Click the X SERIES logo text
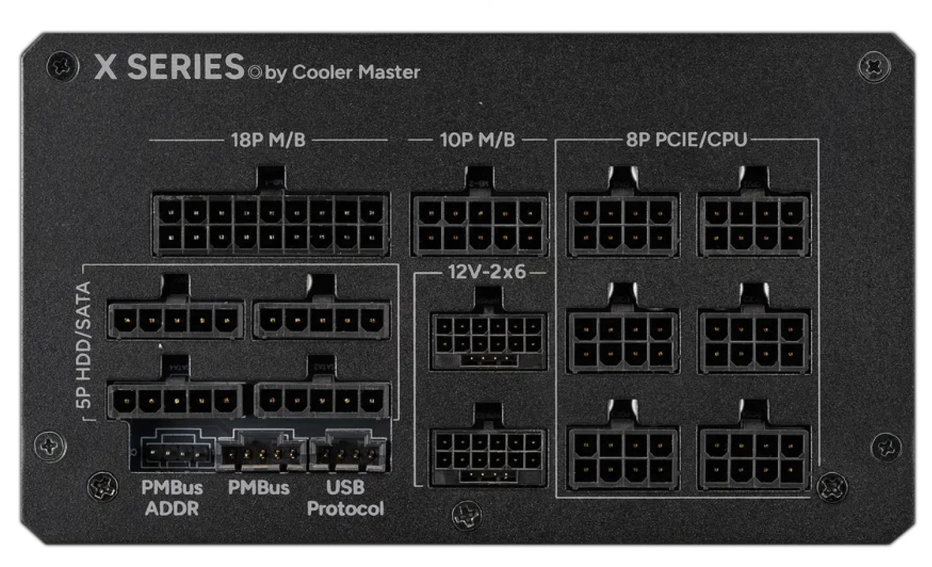click(169, 67)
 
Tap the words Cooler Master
click(355, 72)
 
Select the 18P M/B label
click(268, 140)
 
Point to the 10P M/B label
click(477, 140)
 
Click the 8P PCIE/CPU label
click(686, 140)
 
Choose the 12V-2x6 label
click(487, 272)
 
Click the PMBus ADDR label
click(171, 498)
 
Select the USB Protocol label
click(345, 498)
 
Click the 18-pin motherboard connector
click(271, 225)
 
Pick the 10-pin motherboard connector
click(479, 225)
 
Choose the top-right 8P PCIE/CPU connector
click(754, 225)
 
